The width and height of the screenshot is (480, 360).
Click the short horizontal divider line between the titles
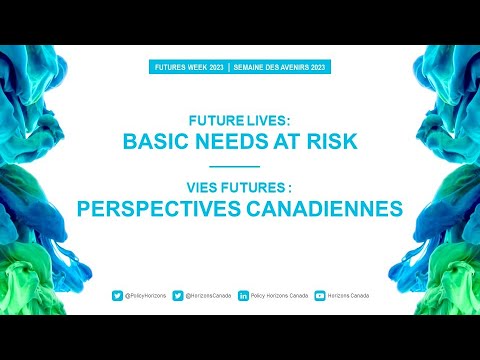[x=239, y=165]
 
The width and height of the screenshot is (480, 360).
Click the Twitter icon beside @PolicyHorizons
[x=117, y=296]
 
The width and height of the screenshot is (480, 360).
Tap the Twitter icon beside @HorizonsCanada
[x=178, y=296]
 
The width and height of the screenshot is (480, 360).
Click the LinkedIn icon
[x=244, y=296]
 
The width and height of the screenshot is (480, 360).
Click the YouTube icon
[x=320, y=296]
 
